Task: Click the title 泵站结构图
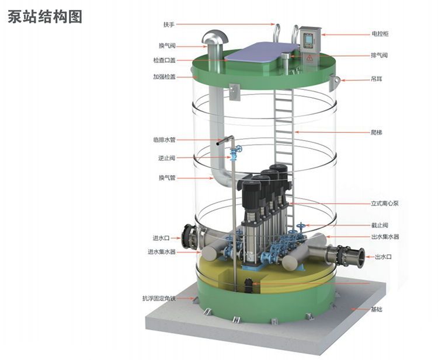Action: coord(45,16)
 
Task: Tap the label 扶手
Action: coord(169,25)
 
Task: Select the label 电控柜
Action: coord(380,34)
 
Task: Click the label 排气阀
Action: coord(379,55)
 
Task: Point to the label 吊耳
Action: coord(376,79)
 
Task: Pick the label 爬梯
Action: coord(376,132)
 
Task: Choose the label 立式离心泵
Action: coord(385,203)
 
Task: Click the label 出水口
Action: coord(383,257)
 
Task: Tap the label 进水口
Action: coord(161,238)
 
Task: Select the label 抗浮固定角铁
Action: coord(159,298)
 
